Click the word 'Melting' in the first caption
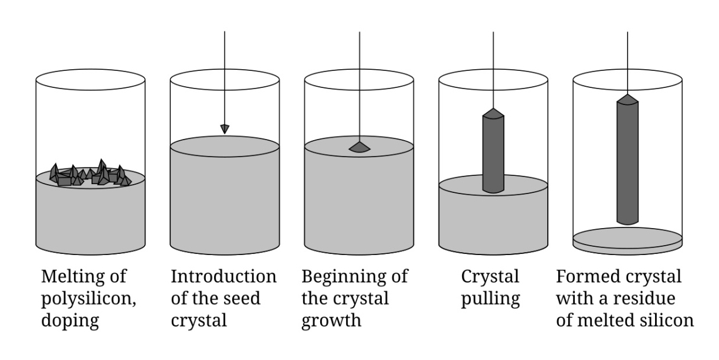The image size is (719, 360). click(66, 277)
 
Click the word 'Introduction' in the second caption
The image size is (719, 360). click(223, 277)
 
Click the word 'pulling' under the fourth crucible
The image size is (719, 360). click(490, 299)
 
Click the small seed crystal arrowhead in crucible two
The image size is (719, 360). click(225, 128)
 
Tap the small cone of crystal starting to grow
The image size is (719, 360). click(359, 147)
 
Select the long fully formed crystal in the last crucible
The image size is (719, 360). click(628, 164)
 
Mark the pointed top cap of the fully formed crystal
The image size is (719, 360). click(628, 99)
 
